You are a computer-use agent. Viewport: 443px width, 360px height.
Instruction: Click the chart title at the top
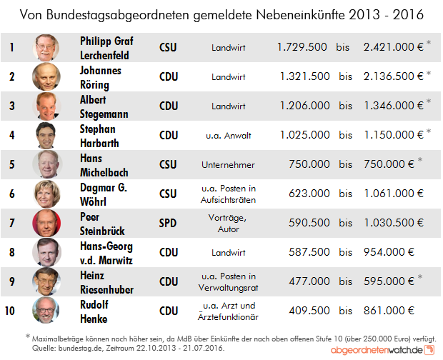point(221,14)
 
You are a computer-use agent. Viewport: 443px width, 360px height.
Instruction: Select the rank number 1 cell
point(11,48)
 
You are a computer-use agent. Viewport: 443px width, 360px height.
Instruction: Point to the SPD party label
point(169,224)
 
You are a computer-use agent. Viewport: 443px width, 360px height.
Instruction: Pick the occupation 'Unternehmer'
point(229,165)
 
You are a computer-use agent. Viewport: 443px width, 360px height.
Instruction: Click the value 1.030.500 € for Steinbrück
point(393,224)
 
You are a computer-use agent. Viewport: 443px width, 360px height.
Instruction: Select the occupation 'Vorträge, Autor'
point(229,224)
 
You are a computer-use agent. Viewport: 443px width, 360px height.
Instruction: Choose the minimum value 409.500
point(305,311)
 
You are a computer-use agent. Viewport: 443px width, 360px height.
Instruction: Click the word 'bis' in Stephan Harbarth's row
point(345,135)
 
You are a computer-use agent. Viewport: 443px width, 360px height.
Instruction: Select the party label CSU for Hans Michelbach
point(169,165)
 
